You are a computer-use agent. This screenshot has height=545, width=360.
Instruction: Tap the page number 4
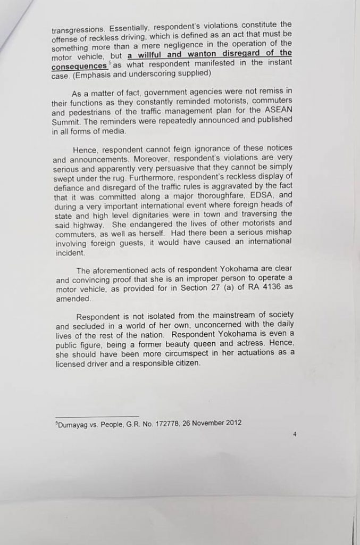[294, 434]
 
